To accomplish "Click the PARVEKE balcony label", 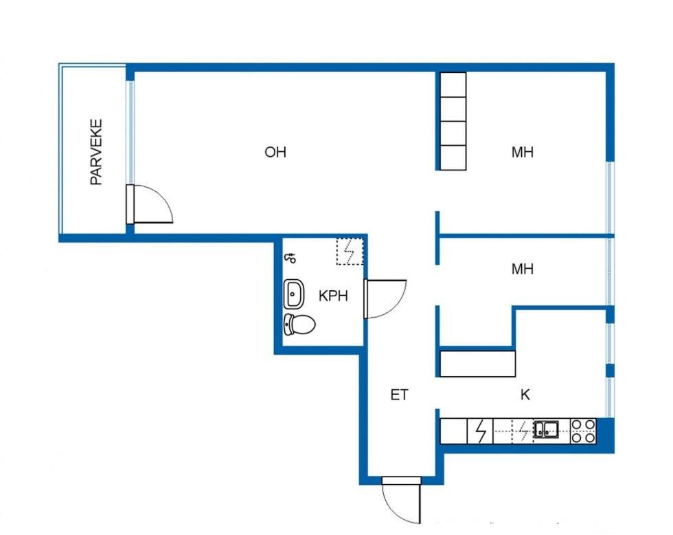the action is tap(97, 152).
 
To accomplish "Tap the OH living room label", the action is tap(275, 152).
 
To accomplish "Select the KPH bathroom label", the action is tap(333, 296).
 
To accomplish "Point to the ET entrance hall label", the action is tap(399, 395).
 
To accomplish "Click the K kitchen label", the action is tap(525, 395).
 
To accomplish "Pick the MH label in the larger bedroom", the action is tap(523, 152).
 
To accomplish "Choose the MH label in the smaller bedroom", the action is tap(523, 269).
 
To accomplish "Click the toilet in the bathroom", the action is tap(299, 325).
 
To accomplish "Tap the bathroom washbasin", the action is tap(294, 294).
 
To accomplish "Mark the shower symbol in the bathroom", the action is tap(290, 258).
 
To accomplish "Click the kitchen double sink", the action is tap(546, 429).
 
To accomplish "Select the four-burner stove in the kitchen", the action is tap(583, 431).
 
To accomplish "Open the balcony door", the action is tap(150, 204).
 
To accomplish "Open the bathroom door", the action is tap(385, 298).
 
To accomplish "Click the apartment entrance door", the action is tap(401, 500).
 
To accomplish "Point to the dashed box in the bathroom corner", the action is tap(350, 252).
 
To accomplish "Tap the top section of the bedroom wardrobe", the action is tap(453, 85).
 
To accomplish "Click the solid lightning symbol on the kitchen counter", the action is tap(481, 431).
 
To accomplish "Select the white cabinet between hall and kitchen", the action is tap(478, 364).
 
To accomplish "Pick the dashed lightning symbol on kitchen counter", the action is tap(523, 431).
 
